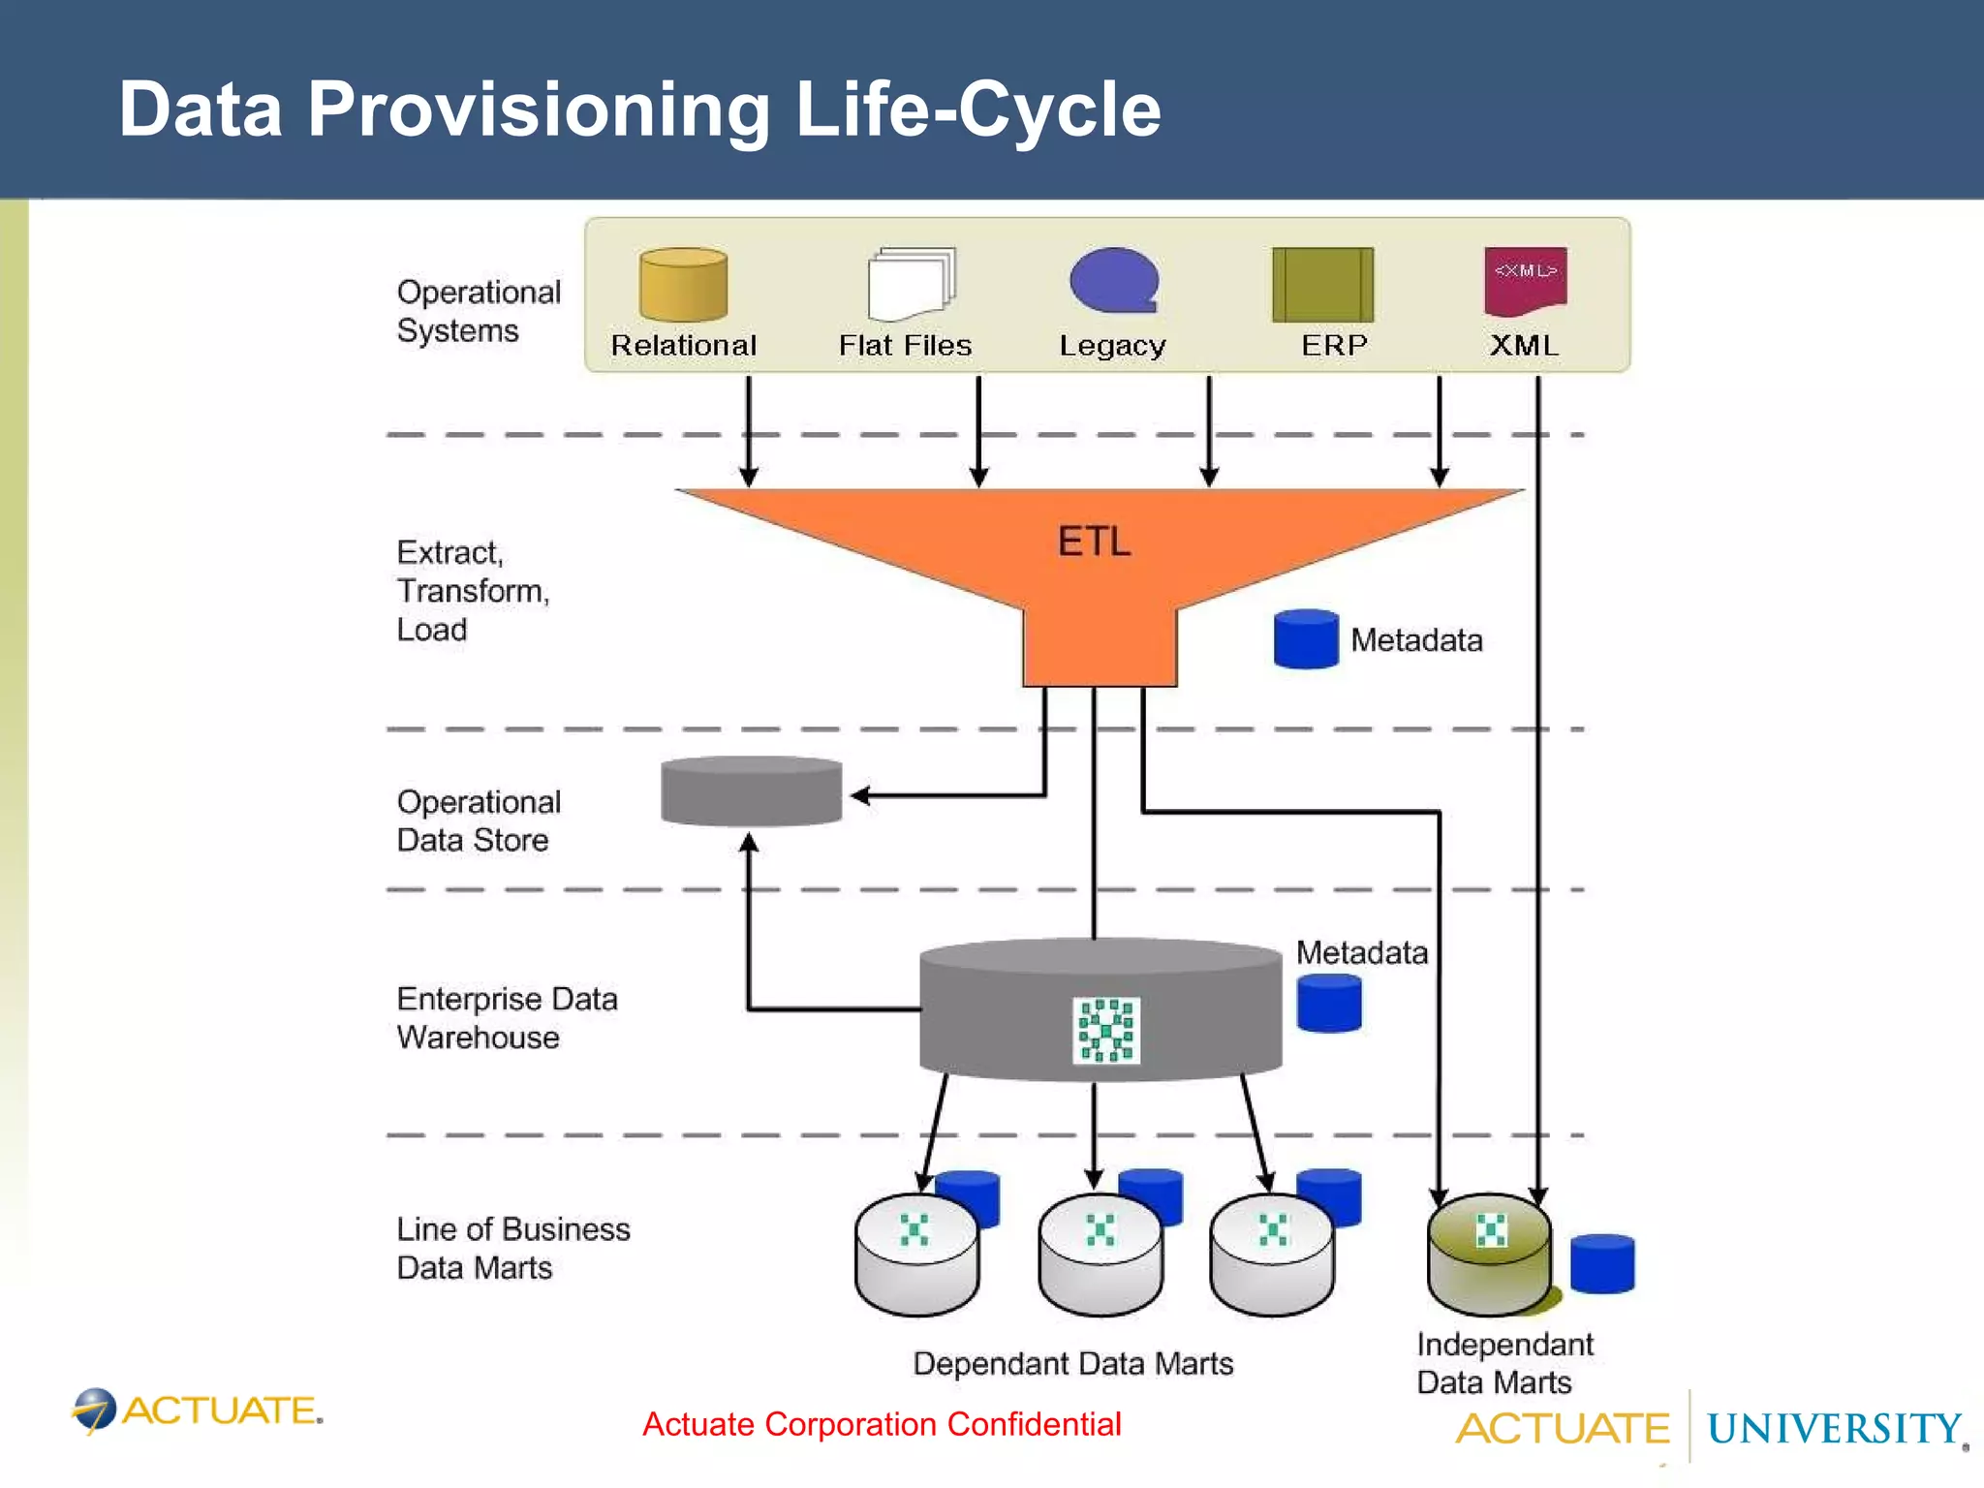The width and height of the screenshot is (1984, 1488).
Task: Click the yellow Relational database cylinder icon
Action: click(x=683, y=284)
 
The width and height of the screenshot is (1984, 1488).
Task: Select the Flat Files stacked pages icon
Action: click(x=911, y=284)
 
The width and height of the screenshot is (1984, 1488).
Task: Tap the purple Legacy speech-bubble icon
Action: click(x=1114, y=281)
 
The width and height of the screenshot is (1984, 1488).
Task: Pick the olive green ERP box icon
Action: click(x=1322, y=284)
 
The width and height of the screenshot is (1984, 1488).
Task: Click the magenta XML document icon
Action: click(x=1525, y=281)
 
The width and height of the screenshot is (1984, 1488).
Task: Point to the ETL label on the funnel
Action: click(x=1094, y=542)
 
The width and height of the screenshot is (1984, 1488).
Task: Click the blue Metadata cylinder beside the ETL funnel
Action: click(x=1306, y=639)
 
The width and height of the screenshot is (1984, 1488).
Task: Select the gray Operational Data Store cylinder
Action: click(x=751, y=791)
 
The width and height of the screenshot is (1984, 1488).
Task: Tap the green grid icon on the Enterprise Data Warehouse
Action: click(x=1106, y=1030)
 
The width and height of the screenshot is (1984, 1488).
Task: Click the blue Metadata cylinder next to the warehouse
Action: click(x=1329, y=1004)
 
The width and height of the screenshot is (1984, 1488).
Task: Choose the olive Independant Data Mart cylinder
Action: click(x=1489, y=1256)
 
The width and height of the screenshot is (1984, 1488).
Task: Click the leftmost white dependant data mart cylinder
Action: click(x=916, y=1256)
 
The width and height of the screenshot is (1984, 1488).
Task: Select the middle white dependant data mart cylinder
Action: click(x=1100, y=1256)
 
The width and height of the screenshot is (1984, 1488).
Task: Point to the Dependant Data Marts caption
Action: click(x=1072, y=1364)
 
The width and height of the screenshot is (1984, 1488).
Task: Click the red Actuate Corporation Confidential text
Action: click(x=882, y=1424)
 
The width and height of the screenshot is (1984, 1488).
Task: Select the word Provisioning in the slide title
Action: click(x=539, y=109)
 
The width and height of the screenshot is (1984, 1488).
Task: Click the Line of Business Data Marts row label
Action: click(x=512, y=1248)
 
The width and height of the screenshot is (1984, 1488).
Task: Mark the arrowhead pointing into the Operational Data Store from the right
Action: click(x=859, y=796)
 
